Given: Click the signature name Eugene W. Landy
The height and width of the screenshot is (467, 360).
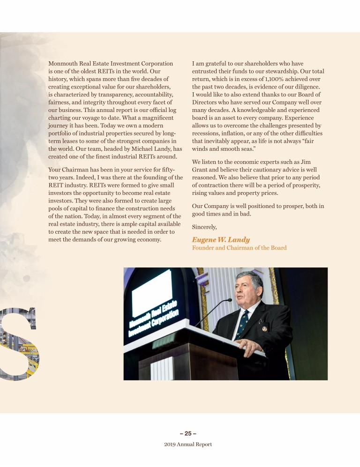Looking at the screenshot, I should pyautogui.click(x=220, y=239).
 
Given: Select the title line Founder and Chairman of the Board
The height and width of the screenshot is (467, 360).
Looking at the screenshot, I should pyautogui.click(x=239, y=248).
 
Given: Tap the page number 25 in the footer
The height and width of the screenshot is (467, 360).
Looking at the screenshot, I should pyautogui.click(x=187, y=433).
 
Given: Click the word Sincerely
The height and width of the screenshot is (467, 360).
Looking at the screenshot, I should pyautogui.click(x=205, y=227).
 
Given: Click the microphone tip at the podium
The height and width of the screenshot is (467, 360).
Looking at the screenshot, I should pyautogui.click(x=229, y=300).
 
